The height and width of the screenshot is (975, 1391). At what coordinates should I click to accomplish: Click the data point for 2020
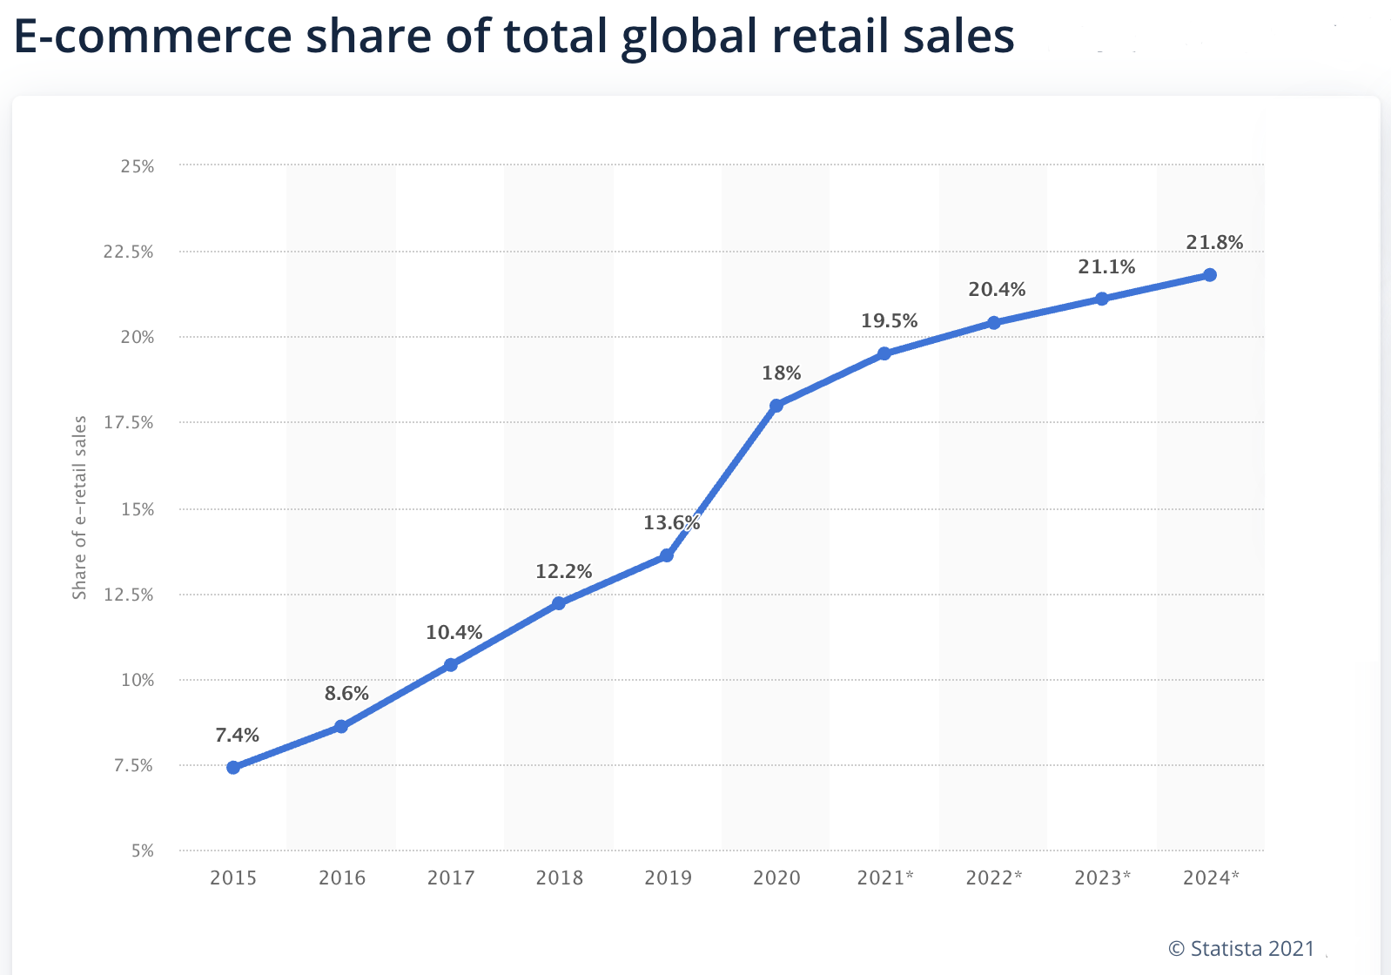coord(776,406)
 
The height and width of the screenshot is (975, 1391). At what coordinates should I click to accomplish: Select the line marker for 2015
coord(233,767)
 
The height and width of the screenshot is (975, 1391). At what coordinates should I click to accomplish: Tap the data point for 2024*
coord(1210,275)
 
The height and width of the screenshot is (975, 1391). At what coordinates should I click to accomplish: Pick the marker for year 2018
coord(559,603)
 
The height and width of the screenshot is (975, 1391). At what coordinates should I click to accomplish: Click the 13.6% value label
coord(671,523)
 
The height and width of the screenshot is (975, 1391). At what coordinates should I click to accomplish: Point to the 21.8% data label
coord(1214,243)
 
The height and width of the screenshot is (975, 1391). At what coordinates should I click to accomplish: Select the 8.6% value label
coord(346,694)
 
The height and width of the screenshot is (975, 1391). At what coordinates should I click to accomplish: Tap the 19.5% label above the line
coord(889,321)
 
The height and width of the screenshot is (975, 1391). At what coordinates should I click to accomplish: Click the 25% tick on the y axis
coord(138,166)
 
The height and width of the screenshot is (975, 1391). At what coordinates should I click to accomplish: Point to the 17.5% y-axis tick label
coord(129,423)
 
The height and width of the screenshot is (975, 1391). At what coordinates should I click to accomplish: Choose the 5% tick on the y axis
coord(143,851)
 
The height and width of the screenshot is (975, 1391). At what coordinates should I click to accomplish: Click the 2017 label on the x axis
coord(451,877)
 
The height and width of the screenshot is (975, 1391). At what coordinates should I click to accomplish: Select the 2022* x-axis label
coord(994,877)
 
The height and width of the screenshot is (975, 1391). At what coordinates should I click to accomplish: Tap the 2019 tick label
coord(668,877)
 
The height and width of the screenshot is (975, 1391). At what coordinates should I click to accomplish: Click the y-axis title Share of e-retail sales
coord(79,508)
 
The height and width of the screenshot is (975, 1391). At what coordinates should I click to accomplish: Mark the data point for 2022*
coord(994,323)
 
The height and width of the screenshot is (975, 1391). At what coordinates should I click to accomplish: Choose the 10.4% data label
coord(454,633)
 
